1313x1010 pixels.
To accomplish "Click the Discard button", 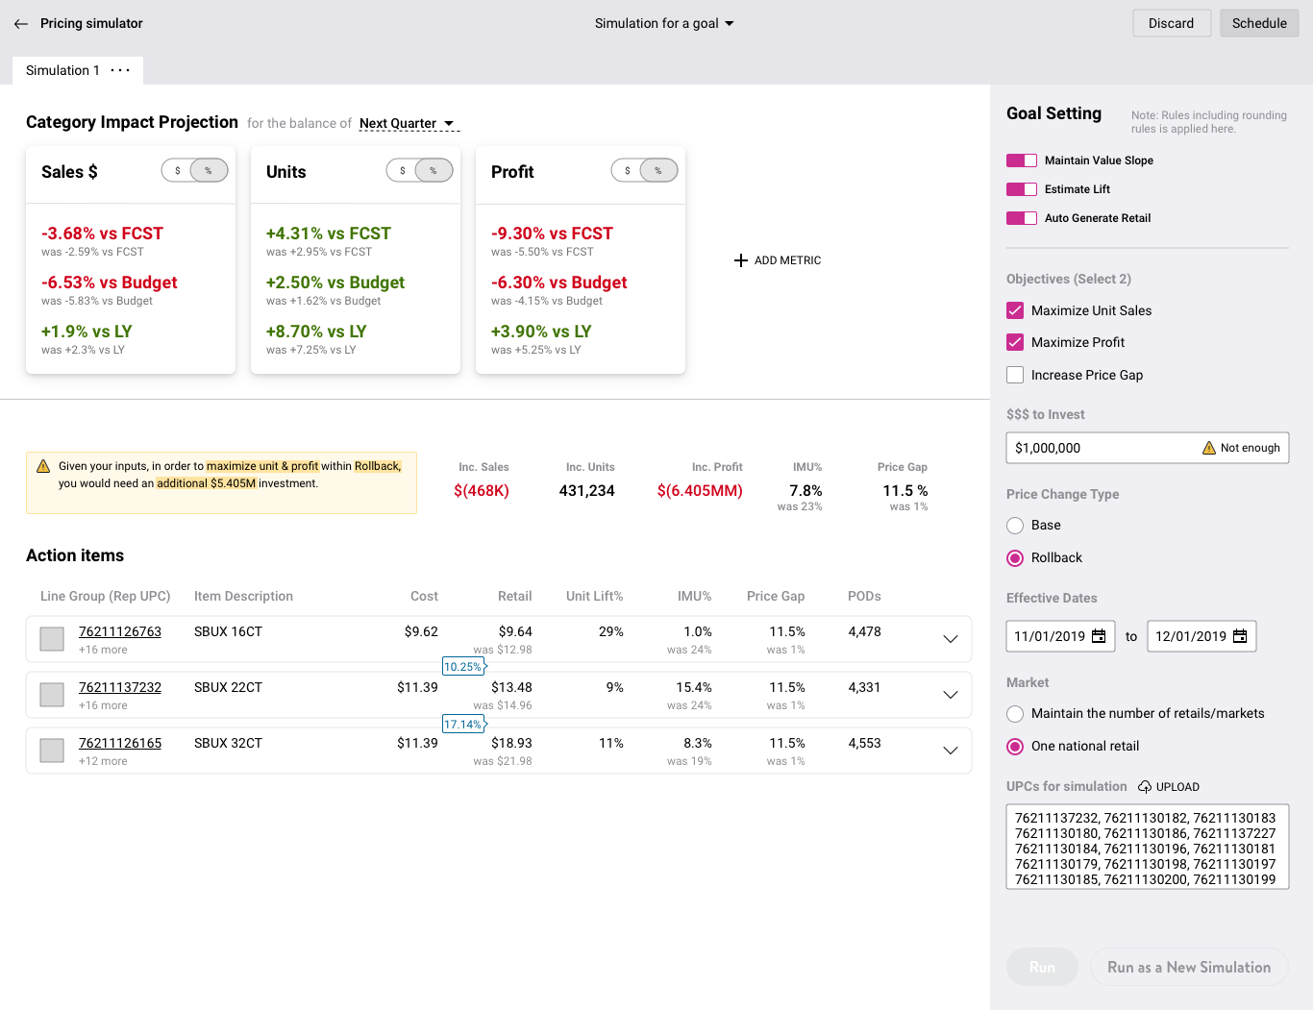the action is pos(1171,24).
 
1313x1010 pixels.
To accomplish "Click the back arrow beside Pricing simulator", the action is pos(21,24).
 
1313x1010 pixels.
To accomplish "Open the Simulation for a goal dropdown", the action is pos(664,24).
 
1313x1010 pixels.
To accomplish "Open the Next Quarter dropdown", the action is pos(408,123).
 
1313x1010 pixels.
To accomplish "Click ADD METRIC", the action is pos(777,260).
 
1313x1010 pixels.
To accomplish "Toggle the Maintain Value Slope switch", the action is pos(1021,160).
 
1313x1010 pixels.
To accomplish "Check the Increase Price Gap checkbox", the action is pos(1015,375).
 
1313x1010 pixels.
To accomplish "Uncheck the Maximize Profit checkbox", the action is pos(1015,342).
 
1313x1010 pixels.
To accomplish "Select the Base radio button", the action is pos(1015,526).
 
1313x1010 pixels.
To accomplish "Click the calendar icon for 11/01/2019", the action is pos(1099,636).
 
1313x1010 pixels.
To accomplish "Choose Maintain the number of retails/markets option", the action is pos(1015,714).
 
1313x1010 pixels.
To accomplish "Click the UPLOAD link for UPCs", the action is pos(1169,786).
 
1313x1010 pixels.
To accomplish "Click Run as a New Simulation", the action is pos(1189,967).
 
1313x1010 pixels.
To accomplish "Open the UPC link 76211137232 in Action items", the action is pos(120,687).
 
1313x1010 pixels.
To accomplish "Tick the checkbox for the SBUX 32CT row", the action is pos(52,751).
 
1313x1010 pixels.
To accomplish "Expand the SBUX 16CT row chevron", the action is pos(951,639).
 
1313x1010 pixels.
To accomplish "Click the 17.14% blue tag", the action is pos(464,725).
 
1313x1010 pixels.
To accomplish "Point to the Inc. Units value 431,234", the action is pos(586,490).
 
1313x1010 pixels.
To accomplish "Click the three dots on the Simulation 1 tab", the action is pos(120,70).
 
